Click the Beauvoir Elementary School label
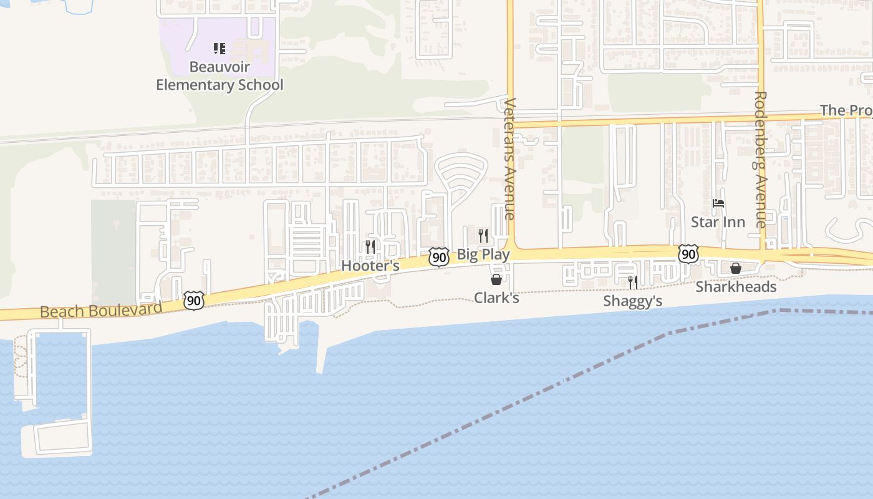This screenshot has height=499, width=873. point(219,75)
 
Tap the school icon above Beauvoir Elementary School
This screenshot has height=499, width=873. point(219,48)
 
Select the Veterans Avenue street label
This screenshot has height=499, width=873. point(510,158)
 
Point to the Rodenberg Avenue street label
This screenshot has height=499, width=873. point(761,159)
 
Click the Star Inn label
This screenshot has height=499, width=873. point(718,222)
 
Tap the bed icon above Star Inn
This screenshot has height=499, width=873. point(718,204)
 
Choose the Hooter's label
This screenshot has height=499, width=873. point(370,266)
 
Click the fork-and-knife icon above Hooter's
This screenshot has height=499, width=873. point(370,247)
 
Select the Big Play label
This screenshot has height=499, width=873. point(483,254)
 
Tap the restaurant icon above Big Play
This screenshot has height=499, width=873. point(483,236)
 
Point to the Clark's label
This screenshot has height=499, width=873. point(496,298)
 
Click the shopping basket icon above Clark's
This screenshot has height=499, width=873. point(496,279)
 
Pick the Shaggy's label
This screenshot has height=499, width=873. point(632,301)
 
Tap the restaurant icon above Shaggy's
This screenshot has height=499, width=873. point(633,283)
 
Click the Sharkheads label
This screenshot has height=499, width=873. point(736,287)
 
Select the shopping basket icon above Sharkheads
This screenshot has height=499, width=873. point(736,268)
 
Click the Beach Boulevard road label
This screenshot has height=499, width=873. point(101,309)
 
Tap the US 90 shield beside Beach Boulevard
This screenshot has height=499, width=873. point(194,301)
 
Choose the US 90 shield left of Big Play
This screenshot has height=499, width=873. point(439,256)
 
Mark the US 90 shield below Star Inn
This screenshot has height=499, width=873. point(688,254)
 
